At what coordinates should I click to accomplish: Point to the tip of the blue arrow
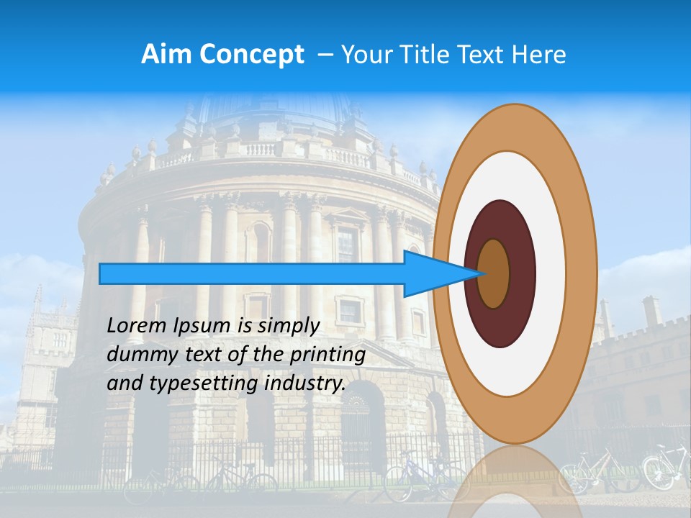[x=484, y=273]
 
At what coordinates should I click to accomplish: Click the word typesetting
[x=204, y=384]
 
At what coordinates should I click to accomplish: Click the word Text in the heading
[x=487, y=55]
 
